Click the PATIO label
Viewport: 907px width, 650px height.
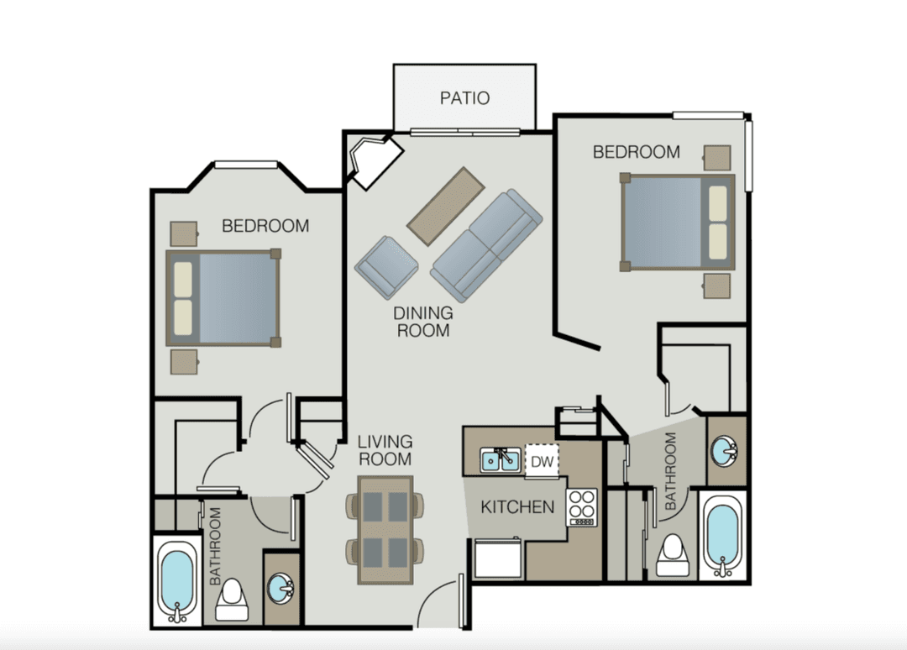464,98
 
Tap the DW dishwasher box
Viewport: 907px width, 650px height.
542,462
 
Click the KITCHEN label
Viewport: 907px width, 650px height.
517,507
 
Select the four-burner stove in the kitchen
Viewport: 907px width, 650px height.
581,507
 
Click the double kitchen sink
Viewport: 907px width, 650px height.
500,459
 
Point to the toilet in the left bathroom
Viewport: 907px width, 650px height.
232,600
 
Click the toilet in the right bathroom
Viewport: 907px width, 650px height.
673,555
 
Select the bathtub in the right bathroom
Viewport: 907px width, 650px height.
722,535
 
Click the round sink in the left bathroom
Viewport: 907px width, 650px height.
281,588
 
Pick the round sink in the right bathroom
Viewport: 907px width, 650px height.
724,451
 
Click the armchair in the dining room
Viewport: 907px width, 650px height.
386,267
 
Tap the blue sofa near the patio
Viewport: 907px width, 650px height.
486,246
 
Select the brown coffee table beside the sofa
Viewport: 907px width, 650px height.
446,207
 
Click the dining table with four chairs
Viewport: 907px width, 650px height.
385,529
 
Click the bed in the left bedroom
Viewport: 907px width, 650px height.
223,298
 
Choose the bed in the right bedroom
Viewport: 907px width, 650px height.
678,222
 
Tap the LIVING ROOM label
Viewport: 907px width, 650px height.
385,450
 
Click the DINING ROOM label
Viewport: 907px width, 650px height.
422,322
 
